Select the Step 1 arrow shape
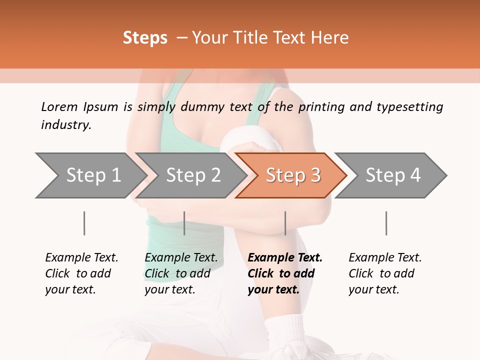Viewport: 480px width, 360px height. [90, 175]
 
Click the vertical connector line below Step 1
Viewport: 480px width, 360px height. [84, 223]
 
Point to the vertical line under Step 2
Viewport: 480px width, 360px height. [184, 223]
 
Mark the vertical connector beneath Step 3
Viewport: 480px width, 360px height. [285, 223]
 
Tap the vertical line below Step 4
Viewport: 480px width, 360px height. [386, 223]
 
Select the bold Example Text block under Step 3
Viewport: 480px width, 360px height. [285, 273]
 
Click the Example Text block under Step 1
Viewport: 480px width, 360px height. [81, 273]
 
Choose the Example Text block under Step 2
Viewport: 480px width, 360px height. [181, 273]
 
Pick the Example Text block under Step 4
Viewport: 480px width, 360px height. [385, 273]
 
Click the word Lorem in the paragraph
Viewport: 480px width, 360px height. [59, 106]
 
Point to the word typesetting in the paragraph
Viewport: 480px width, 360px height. [409, 106]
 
